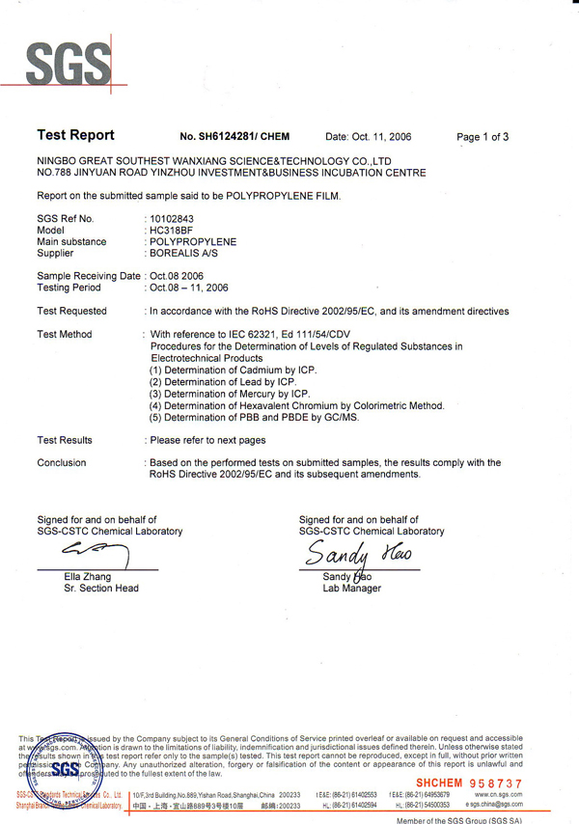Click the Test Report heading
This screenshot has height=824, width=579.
click(75, 136)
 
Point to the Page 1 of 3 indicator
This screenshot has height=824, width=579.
click(482, 137)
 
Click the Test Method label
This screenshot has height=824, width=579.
click(64, 334)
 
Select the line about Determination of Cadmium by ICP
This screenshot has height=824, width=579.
click(232, 370)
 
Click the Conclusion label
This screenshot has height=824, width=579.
click(61, 463)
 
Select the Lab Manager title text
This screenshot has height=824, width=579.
click(351, 588)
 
